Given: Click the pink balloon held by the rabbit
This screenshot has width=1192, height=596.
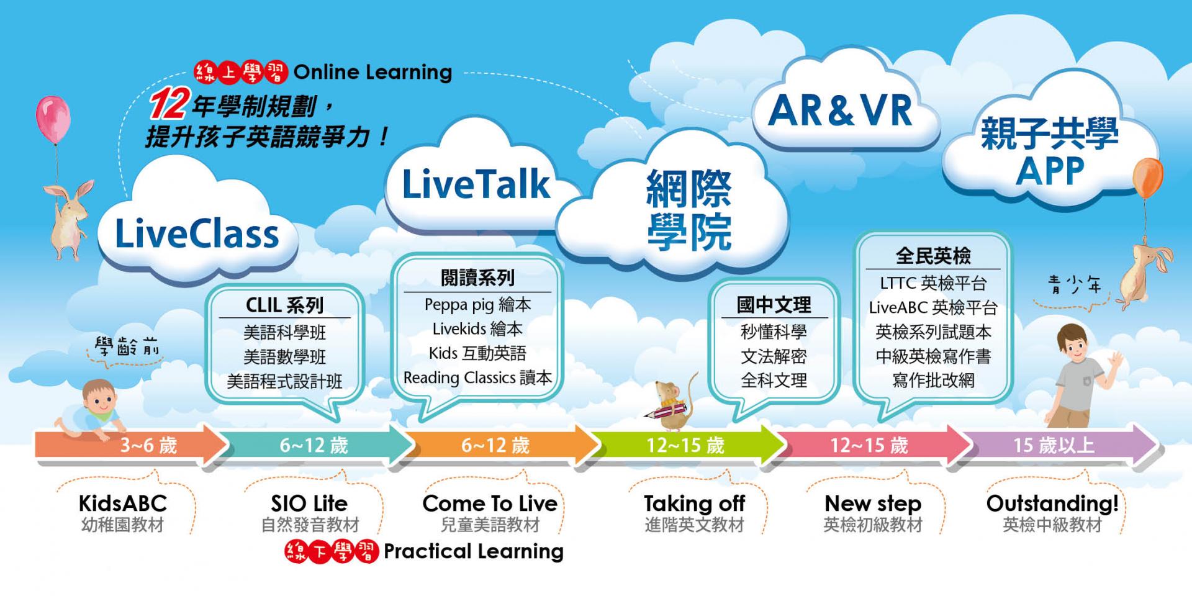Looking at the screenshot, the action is click(x=53, y=119).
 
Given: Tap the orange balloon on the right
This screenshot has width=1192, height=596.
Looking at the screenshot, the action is click(x=1147, y=178).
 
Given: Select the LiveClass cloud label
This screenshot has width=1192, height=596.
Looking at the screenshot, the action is click(x=197, y=234).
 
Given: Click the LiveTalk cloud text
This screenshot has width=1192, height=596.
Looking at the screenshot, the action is click(x=476, y=184).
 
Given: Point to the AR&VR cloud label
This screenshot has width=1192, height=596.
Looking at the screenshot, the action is click(x=840, y=111).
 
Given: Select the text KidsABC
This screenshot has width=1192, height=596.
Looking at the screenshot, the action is click(x=123, y=503).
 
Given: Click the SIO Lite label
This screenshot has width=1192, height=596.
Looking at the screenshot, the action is click(x=309, y=503).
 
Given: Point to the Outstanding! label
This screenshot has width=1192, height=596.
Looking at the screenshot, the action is click(x=1052, y=503).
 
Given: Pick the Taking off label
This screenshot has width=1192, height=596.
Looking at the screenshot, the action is click(x=694, y=503).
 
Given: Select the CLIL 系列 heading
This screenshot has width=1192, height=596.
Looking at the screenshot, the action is click(x=284, y=305).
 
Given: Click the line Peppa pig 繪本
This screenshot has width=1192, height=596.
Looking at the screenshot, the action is click(x=477, y=305).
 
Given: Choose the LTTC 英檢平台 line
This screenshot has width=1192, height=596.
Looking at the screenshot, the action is click(x=933, y=284).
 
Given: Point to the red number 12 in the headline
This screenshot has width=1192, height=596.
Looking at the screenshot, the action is click(x=168, y=105).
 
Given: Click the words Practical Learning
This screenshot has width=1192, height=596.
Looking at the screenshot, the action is click(x=474, y=551).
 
